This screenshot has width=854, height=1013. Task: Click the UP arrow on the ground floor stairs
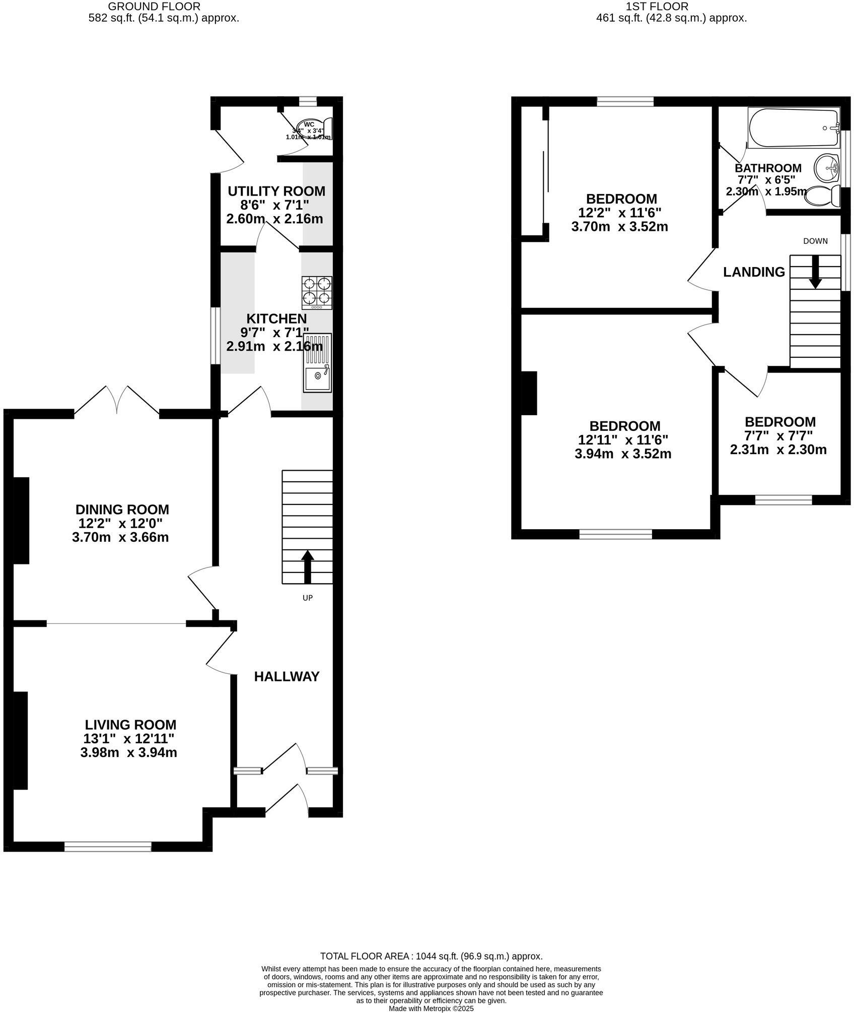tap(307, 566)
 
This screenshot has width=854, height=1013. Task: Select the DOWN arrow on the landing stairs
tap(815, 272)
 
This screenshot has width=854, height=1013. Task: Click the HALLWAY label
tap(287, 676)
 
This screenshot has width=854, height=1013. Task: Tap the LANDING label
tap(754, 272)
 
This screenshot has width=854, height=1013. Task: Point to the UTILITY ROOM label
tap(276, 192)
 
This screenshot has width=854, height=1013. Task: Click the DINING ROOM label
tap(122, 509)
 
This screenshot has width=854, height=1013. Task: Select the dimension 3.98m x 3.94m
tap(128, 753)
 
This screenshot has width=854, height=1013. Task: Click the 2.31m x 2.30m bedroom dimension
tap(778, 450)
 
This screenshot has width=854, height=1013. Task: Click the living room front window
tap(108, 847)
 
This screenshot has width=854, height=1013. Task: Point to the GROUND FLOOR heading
tap(154, 7)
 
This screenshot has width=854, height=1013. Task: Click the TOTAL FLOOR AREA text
tap(431, 956)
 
